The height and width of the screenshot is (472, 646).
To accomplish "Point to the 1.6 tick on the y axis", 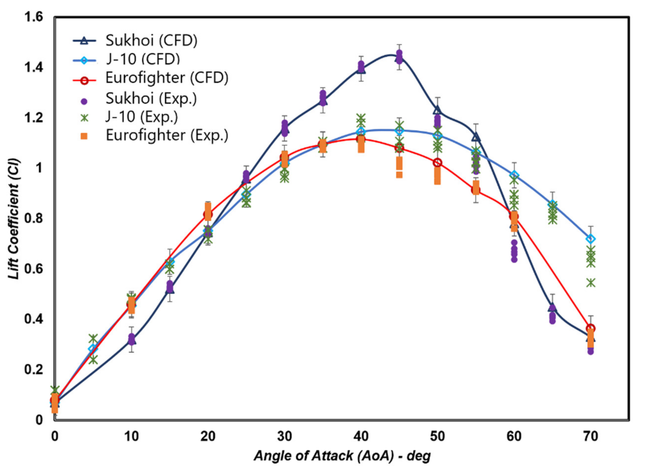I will pyautogui.click(x=34, y=17).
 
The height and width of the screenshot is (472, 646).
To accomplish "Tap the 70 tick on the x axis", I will pyautogui.click(x=590, y=437).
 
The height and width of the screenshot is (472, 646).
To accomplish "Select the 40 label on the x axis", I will pyautogui.click(x=361, y=437).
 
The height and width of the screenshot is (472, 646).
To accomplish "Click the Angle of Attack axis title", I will pyautogui.click(x=342, y=456).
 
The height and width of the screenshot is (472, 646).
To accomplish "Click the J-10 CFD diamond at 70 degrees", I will pyautogui.click(x=590, y=239).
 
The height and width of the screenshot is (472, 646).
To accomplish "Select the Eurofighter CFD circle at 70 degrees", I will pyautogui.click(x=590, y=328).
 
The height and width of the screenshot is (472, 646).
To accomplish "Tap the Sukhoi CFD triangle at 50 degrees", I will pyautogui.click(x=437, y=110).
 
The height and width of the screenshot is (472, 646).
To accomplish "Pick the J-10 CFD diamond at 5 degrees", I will pyautogui.click(x=93, y=349).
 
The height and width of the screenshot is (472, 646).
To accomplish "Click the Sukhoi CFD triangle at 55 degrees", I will pyautogui.click(x=476, y=138).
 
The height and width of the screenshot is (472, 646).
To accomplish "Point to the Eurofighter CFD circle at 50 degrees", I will pyautogui.click(x=437, y=163).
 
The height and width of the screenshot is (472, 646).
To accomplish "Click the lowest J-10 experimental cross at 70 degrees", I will pyautogui.click(x=590, y=283).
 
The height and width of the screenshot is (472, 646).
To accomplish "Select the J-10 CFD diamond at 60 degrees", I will pyautogui.click(x=514, y=175).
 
